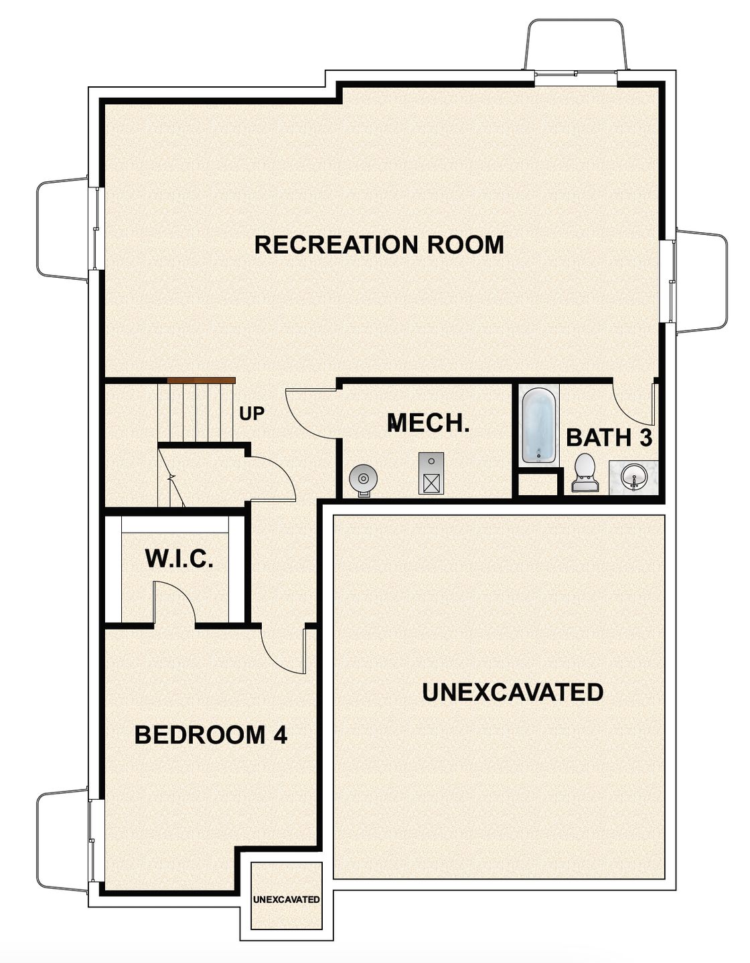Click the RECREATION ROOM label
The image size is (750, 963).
coord(379,245)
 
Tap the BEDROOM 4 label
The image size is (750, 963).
coord(210,735)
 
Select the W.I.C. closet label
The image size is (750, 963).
coord(179,558)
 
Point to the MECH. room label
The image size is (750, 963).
coord(428,423)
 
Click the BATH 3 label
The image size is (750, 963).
coord(609,438)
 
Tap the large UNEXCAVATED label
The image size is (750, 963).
coord(512,692)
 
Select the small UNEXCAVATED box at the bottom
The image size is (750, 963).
coord(286,899)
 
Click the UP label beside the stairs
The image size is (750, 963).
coord(252,414)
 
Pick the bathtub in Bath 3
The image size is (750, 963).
coord(539,426)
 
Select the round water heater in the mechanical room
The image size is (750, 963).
coord(364,479)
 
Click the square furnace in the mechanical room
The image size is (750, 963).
coord(431,474)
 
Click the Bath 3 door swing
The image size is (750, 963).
coord(633,402)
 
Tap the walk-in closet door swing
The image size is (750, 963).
coord(174,602)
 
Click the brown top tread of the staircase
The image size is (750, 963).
coord(201,381)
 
